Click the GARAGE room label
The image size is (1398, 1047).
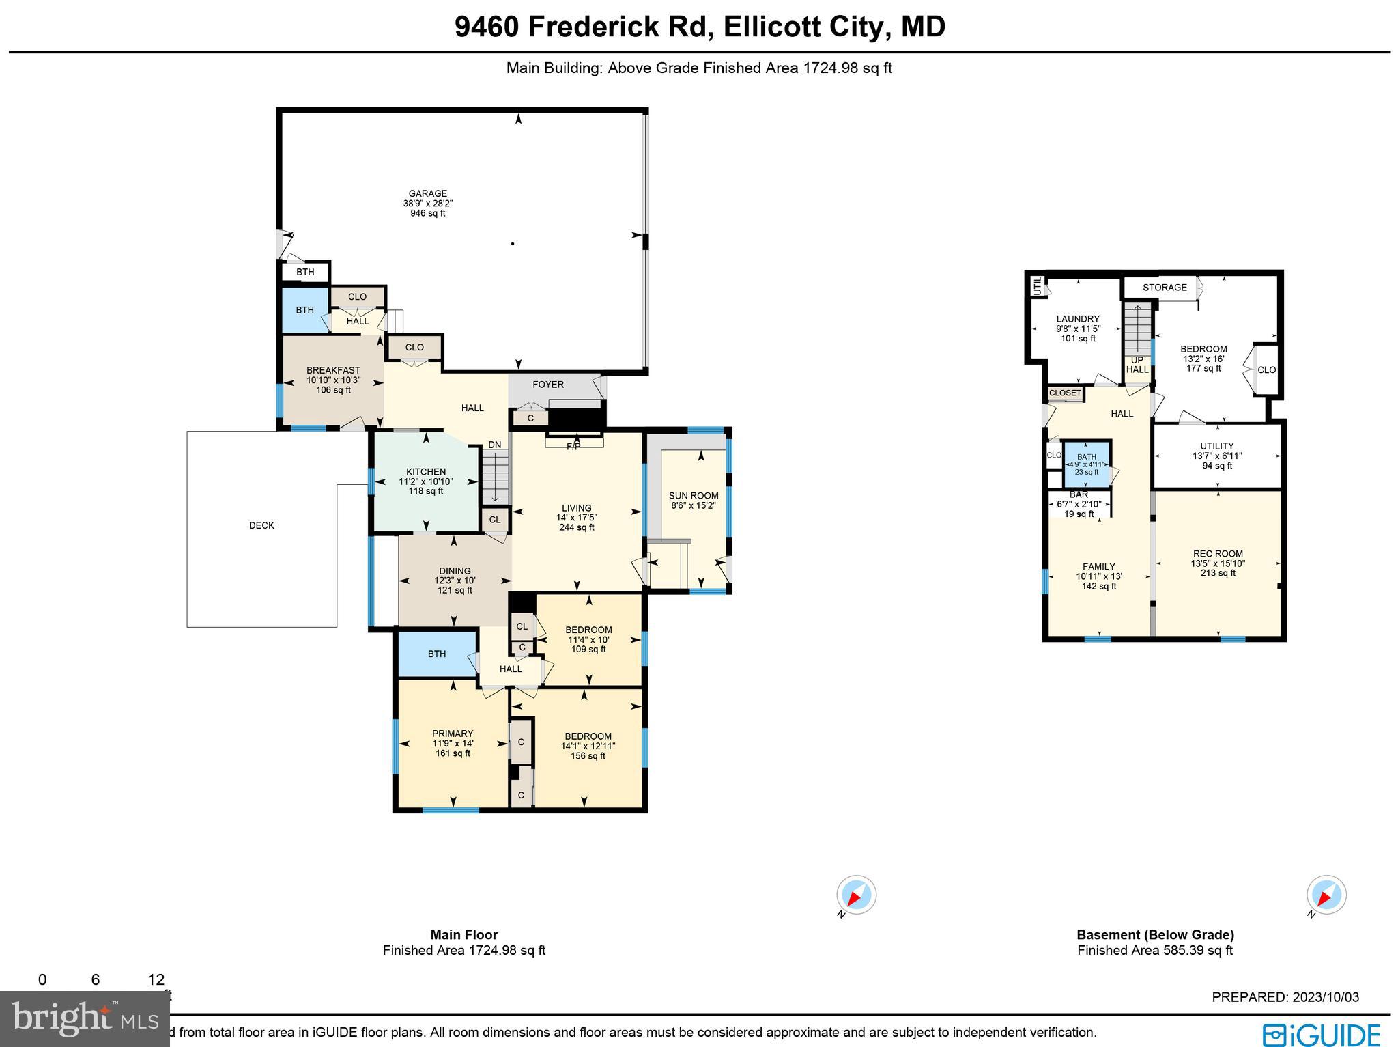427,193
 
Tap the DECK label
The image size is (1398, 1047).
261,525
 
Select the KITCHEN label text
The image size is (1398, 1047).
425,472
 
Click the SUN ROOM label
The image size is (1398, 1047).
694,496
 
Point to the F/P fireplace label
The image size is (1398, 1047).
573,447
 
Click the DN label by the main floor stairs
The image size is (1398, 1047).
494,445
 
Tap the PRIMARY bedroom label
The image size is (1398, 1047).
452,734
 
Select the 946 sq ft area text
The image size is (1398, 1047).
427,213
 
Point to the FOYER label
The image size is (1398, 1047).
548,385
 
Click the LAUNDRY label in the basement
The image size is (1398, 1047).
1078,319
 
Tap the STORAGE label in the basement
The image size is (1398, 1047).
1165,288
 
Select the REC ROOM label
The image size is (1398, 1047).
1218,554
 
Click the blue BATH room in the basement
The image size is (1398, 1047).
1086,463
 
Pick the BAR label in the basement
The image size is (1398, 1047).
1079,494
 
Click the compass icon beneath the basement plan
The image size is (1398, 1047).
1326,894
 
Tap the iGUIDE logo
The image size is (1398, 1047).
1321,1033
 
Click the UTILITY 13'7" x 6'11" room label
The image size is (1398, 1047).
1216,446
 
